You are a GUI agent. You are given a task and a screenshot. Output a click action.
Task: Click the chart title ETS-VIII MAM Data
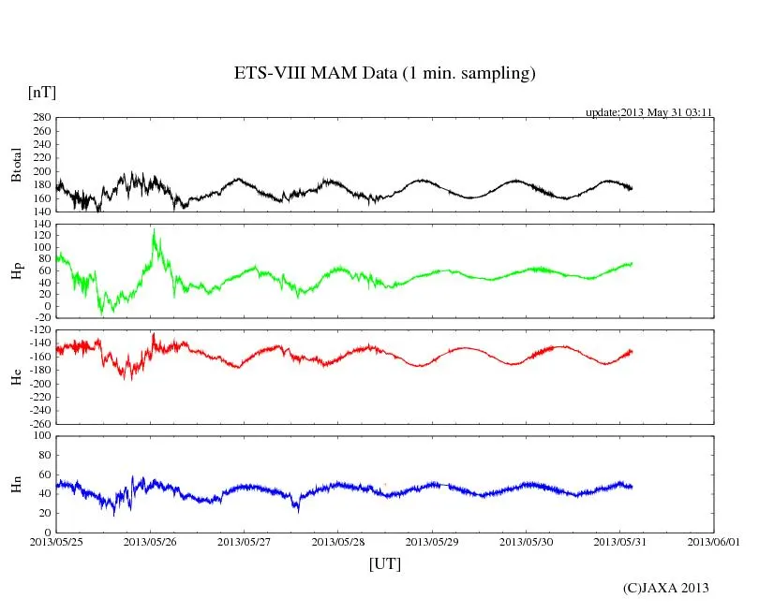[x=384, y=74]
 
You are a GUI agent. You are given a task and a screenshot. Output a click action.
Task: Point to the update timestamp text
[x=649, y=112]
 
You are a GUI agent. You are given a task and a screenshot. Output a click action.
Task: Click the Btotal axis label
[x=16, y=165]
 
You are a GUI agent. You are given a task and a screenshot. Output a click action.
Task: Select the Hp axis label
[x=16, y=270]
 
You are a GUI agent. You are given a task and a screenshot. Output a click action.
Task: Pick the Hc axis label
[x=16, y=377]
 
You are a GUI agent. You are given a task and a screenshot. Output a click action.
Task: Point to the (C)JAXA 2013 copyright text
[x=665, y=588]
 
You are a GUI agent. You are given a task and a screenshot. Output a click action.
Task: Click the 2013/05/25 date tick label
[x=55, y=541]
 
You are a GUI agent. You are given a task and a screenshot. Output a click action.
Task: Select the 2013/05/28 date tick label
[x=338, y=541]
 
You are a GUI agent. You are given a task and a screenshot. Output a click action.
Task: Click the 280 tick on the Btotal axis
[x=40, y=118]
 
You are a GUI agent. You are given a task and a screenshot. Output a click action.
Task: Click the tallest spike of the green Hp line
[x=154, y=229]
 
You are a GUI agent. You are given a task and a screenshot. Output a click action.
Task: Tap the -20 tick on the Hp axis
[x=40, y=318]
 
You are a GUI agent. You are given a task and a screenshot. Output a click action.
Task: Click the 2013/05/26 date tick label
[x=150, y=541]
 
